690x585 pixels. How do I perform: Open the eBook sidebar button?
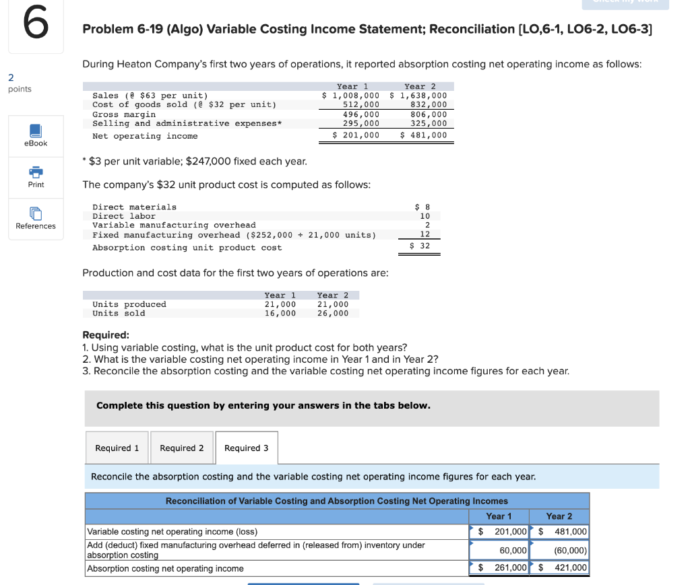36,135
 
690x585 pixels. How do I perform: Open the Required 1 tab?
117,448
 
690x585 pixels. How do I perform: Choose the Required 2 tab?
181,448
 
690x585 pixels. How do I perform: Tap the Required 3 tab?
246,448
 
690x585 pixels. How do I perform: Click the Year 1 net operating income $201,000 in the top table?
356,135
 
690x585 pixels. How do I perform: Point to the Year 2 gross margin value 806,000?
429,114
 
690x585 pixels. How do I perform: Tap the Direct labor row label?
124,216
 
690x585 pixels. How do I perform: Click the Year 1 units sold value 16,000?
280,313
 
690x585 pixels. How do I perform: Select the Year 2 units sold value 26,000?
333,313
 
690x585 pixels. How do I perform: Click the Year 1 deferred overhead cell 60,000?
513,551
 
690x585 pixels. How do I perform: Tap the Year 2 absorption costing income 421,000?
569,568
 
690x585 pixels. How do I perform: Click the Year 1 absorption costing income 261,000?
509,568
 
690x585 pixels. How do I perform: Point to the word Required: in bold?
106,335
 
